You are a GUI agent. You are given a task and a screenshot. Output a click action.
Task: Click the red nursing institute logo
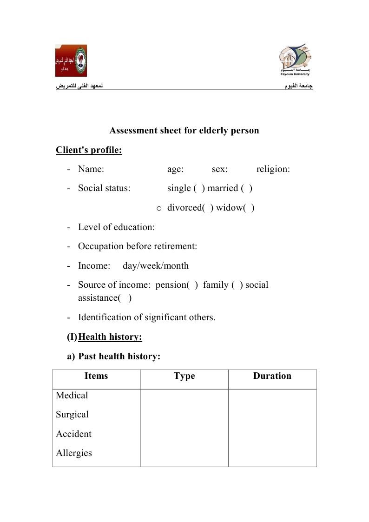click(71, 60)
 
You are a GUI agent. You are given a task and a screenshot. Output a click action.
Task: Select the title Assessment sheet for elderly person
click(184, 131)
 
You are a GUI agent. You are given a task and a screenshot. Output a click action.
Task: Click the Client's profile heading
click(89, 150)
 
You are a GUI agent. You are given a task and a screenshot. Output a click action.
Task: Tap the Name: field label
click(91, 169)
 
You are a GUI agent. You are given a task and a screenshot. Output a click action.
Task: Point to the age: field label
click(175, 169)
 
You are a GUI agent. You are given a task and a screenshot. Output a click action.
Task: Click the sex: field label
click(220, 169)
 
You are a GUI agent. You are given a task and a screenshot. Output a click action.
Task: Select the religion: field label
click(273, 169)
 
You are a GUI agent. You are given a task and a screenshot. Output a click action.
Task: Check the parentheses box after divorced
click(208, 208)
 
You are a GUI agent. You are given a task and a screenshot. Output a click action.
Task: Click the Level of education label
click(116, 227)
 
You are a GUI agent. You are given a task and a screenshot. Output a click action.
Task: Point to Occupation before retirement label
click(138, 246)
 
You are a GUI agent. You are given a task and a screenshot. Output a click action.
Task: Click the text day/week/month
click(156, 266)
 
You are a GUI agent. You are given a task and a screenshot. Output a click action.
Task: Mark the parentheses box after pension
click(192, 285)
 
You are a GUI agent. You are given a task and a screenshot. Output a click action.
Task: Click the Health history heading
click(111, 337)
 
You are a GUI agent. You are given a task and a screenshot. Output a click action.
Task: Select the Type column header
click(184, 377)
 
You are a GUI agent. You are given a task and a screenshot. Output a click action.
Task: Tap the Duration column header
click(272, 376)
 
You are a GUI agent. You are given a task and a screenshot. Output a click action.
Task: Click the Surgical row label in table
click(72, 415)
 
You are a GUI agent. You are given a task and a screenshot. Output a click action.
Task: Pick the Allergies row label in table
click(74, 453)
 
